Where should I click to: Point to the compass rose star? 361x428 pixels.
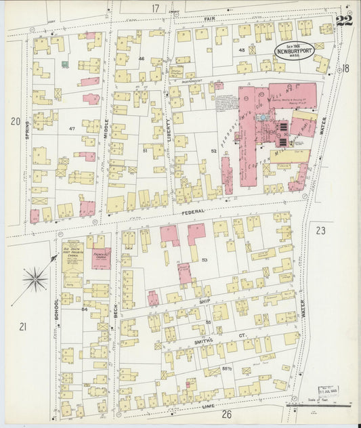(35, 278)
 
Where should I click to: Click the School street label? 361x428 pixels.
(56, 310)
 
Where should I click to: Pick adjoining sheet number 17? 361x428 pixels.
(155, 8)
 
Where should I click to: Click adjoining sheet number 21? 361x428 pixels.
(22, 327)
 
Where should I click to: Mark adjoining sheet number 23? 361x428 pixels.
(320, 230)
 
